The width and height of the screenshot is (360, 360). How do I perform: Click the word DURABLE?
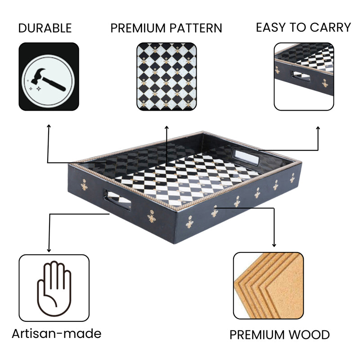[x=45, y=28]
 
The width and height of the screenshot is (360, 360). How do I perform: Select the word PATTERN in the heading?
[x=196, y=28]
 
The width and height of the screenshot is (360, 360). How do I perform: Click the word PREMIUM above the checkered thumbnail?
[x=138, y=28]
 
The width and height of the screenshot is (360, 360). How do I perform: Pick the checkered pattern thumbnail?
[x=166, y=76]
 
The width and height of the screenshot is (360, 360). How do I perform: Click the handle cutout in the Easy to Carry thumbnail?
[x=301, y=76]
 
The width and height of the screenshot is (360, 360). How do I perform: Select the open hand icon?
[x=54, y=288]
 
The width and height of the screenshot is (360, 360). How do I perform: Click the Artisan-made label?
[x=57, y=333]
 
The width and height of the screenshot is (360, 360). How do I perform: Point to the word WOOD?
[x=309, y=335]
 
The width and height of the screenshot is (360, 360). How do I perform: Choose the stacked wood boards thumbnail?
[x=268, y=286]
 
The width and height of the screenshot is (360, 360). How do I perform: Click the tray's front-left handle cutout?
[x=117, y=199]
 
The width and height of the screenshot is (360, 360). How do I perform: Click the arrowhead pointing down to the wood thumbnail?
[x=274, y=245]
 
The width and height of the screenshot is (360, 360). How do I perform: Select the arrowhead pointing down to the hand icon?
[x=49, y=251]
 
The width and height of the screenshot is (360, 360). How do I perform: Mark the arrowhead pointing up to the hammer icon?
[x=49, y=126]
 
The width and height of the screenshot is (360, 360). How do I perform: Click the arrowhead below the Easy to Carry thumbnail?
[x=318, y=128]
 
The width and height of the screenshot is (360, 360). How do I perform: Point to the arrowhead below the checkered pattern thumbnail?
[x=166, y=127]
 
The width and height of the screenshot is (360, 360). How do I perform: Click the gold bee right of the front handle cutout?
[x=152, y=216]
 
